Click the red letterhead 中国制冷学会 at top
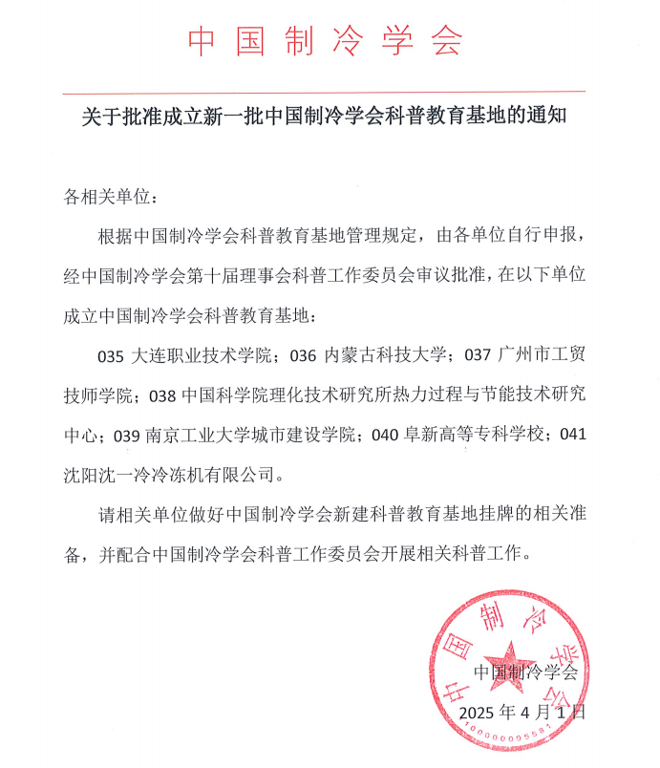click(x=325, y=41)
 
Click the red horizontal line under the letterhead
click(x=325, y=93)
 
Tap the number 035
click(x=112, y=357)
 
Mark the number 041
click(x=572, y=435)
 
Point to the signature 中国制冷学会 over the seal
click(x=527, y=672)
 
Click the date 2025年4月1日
click(x=521, y=713)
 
